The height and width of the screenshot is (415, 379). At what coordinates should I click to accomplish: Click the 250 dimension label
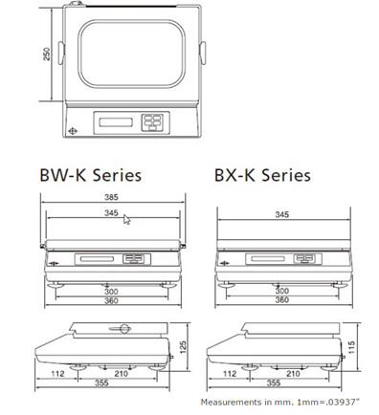47,54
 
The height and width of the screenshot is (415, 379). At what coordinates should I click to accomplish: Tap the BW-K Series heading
91,175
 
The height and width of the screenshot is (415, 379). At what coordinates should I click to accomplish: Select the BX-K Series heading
262,175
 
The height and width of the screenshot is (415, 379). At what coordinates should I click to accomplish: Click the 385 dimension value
111,197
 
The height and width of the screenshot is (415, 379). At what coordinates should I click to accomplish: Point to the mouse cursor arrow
126,219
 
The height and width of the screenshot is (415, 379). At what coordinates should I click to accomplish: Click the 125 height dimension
183,347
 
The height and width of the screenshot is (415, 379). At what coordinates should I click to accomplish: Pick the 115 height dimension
351,347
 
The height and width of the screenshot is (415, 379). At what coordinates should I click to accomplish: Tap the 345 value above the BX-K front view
282,214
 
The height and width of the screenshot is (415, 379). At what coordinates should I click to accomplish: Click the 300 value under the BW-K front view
111,292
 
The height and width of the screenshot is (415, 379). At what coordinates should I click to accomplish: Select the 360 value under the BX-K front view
282,300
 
